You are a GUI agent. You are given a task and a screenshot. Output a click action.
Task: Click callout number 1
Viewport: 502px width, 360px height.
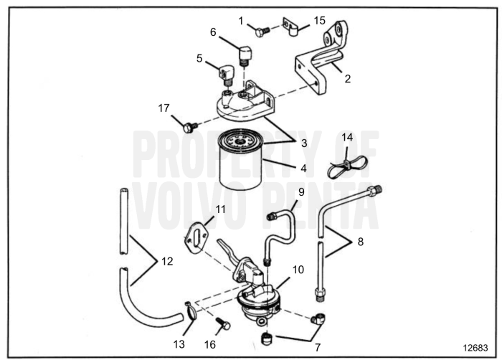pos(241,20)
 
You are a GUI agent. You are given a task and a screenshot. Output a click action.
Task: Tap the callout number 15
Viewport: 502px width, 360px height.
pos(319,20)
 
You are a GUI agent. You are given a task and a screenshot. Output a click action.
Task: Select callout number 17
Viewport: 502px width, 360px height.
pos(164,108)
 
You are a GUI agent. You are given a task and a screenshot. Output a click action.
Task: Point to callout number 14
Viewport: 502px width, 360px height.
pos(347,137)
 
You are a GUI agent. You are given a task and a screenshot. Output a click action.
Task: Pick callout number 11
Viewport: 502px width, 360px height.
pos(221,209)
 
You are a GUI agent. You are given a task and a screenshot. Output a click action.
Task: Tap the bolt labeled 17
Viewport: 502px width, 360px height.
pos(189,128)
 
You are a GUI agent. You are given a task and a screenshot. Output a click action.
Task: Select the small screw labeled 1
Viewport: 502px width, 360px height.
pos(262,31)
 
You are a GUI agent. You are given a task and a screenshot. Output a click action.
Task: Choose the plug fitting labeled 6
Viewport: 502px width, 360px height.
pos(244,55)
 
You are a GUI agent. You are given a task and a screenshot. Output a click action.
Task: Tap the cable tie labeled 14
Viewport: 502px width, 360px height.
pos(347,166)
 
